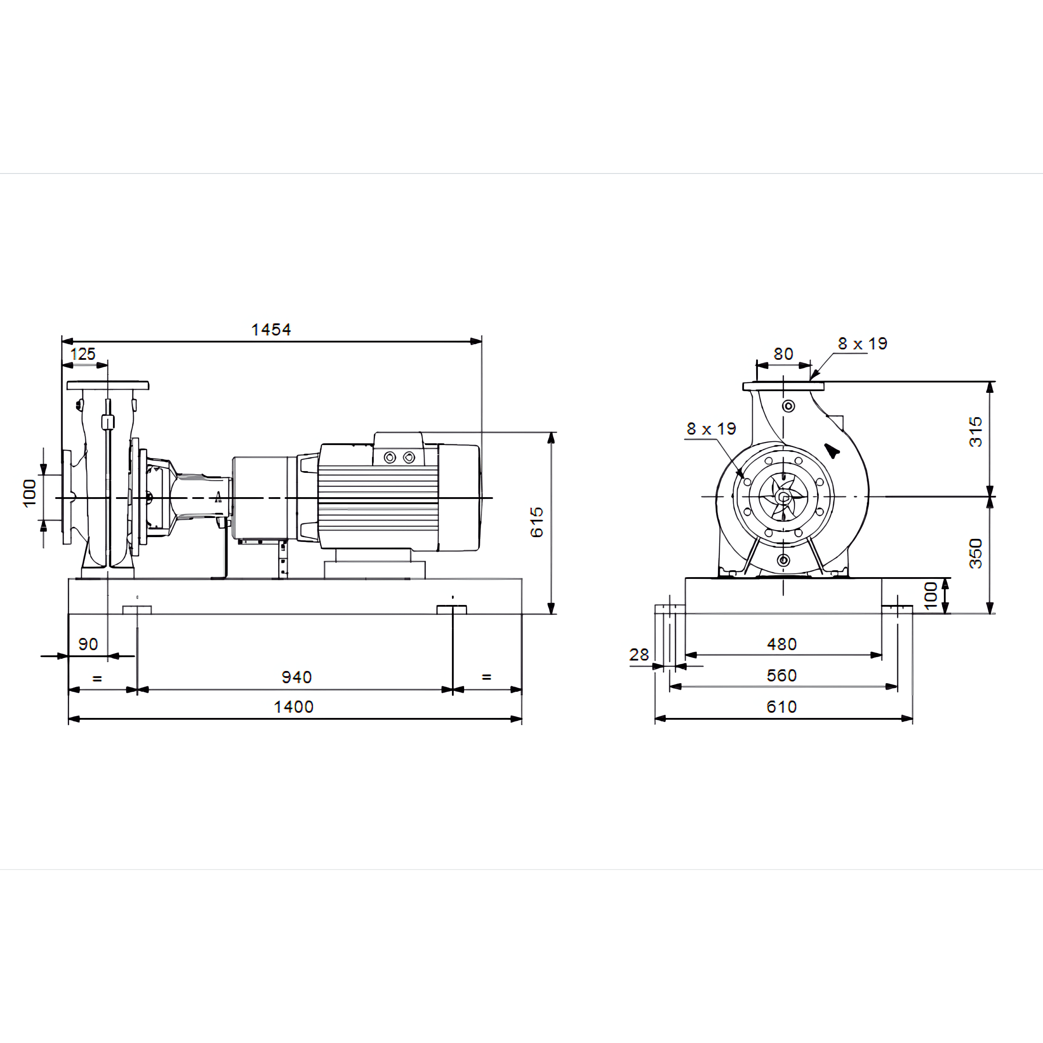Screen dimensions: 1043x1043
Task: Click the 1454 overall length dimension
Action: tap(271, 329)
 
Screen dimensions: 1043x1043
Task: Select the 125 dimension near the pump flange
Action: tap(83, 354)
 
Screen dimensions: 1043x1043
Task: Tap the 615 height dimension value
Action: tap(537, 522)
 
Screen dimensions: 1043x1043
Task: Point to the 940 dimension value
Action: tap(296, 677)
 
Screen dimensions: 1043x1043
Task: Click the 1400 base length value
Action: tap(294, 707)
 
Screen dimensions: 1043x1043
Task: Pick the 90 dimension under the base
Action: tap(88, 644)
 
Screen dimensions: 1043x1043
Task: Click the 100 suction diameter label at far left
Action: tap(29, 493)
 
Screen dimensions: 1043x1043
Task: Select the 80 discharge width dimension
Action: tap(783, 354)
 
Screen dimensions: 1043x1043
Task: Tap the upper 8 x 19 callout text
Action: tap(862, 343)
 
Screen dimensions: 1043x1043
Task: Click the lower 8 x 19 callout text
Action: tap(711, 428)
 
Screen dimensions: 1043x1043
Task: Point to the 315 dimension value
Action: tap(976, 432)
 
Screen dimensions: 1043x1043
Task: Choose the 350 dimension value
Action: tap(976, 553)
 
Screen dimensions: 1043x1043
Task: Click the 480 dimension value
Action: tap(782, 644)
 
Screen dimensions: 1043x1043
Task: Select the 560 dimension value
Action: tap(782, 675)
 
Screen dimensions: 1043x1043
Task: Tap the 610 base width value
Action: tap(782, 707)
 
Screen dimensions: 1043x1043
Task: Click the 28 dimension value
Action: tap(639, 655)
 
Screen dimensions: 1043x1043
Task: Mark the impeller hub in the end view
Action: tap(782, 497)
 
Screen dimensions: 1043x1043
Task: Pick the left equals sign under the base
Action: tap(97, 678)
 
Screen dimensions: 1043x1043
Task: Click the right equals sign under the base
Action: tap(486, 677)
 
